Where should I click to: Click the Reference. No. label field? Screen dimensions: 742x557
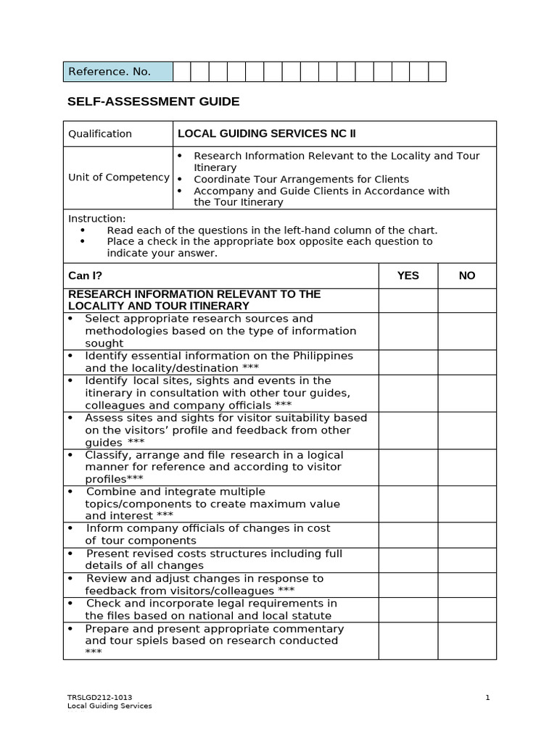point(117,72)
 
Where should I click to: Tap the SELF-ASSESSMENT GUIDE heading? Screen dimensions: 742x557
point(153,101)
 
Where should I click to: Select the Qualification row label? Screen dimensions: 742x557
point(100,134)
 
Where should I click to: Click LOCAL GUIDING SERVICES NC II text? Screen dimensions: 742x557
point(266,133)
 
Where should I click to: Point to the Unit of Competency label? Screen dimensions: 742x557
point(118,178)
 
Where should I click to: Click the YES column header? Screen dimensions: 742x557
point(408,276)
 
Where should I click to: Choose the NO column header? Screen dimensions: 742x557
point(467,276)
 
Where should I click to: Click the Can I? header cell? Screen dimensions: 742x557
point(85,276)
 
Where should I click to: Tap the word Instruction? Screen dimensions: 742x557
point(96,219)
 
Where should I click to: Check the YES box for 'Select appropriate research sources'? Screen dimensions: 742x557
point(408,331)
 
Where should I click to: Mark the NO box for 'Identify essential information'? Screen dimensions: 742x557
point(467,362)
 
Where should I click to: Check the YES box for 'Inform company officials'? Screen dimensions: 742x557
point(408,535)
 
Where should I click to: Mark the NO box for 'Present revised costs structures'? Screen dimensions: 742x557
point(467,559)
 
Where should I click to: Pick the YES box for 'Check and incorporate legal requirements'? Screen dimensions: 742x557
point(408,609)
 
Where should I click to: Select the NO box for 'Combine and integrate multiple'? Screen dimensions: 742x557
point(467,504)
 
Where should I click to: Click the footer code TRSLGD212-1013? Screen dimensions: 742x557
point(99,698)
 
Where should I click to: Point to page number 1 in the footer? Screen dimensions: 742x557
point(488,698)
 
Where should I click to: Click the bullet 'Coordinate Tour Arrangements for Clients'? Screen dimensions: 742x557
point(301,179)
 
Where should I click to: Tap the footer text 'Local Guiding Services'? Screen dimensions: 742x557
point(110,706)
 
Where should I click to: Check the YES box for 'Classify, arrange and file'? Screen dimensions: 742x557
point(408,467)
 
